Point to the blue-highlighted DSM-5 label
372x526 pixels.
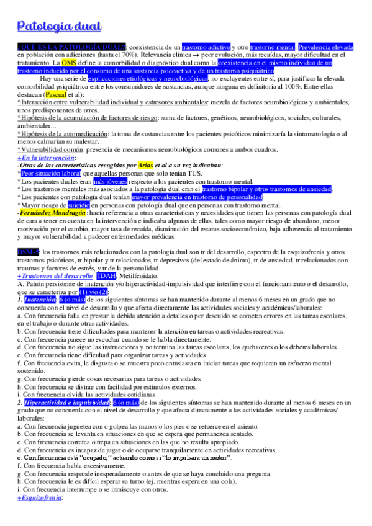click(x=28, y=252)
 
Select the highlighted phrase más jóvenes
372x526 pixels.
click(x=108, y=182)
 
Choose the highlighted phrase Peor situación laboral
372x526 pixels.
click(x=55, y=174)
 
